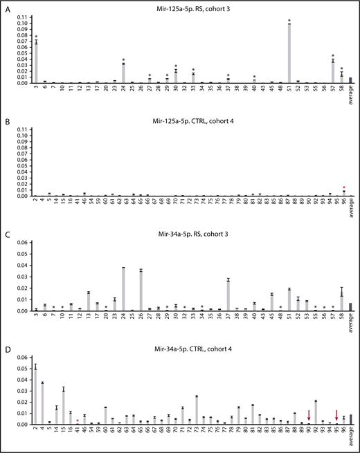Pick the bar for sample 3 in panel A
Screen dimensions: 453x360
tap(36, 62)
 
